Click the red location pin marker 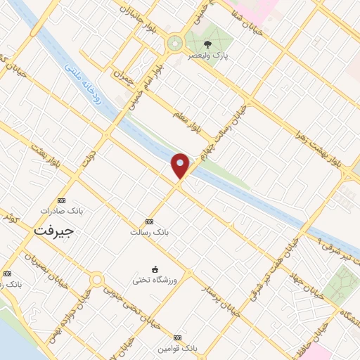[180, 166]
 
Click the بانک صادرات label [56, 210]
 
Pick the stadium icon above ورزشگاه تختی [155, 269]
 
